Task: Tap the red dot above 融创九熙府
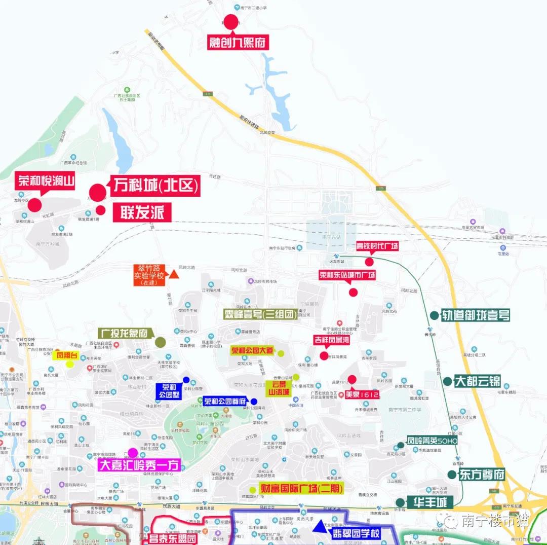(x=231, y=21)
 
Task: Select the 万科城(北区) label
(x=155, y=186)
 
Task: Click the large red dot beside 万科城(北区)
(x=98, y=192)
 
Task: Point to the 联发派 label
(x=142, y=212)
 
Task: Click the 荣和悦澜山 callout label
(x=46, y=181)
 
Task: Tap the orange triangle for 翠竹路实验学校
(x=173, y=274)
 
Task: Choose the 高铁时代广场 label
(x=377, y=246)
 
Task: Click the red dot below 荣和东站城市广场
(x=354, y=292)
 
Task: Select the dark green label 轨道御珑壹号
(x=476, y=315)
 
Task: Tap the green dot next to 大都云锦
(x=447, y=381)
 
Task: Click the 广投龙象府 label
(x=125, y=333)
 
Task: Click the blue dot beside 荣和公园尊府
(x=254, y=402)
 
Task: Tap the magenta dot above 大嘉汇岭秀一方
(x=133, y=453)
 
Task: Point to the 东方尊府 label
(x=483, y=475)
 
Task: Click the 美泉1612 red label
(x=362, y=394)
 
